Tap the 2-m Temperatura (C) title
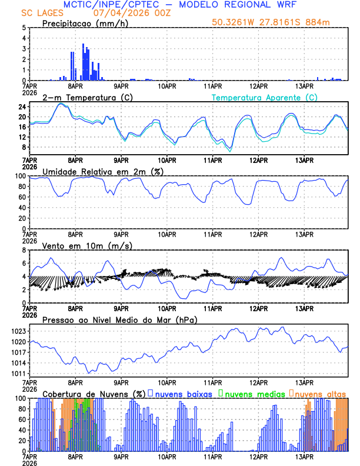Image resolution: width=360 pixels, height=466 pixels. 86,97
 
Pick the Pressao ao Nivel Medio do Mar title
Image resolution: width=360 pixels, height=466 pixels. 119,319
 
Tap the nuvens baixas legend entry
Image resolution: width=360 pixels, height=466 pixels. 184,394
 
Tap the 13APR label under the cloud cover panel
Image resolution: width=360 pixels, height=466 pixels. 304,456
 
